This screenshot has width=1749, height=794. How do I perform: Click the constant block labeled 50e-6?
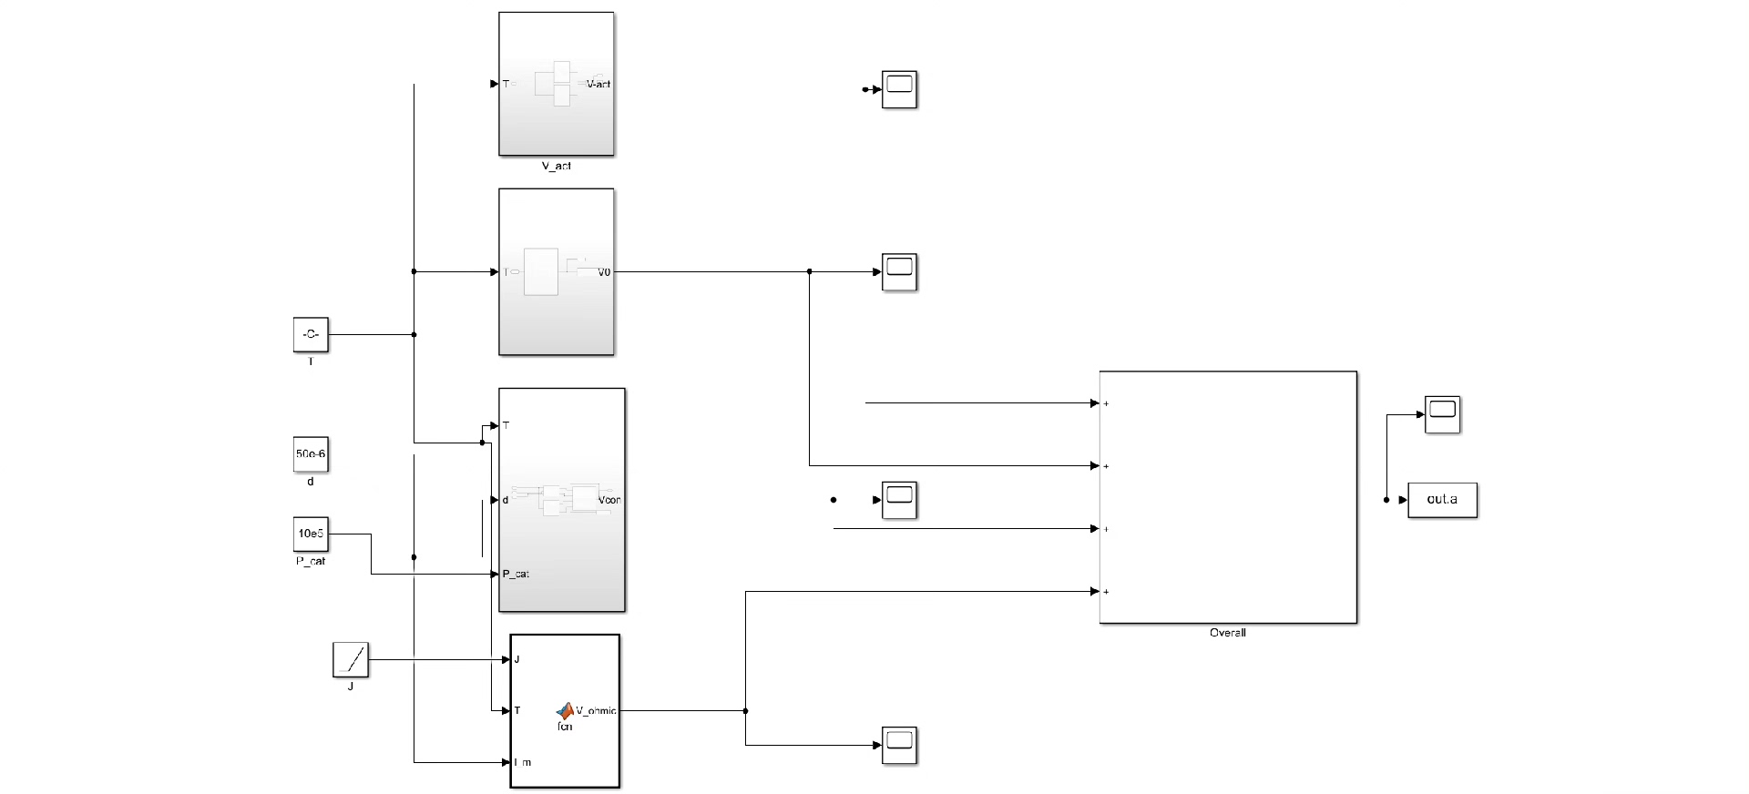(x=311, y=453)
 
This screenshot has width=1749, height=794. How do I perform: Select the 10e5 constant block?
(x=311, y=534)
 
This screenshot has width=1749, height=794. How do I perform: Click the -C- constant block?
(x=311, y=334)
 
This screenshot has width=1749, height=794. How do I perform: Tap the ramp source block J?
(x=351, y=659)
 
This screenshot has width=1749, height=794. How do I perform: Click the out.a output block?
(x=1442, y=500)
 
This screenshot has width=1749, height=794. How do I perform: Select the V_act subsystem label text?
(x=556, y=166)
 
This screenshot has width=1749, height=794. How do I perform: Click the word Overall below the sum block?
(x=1227, y=633)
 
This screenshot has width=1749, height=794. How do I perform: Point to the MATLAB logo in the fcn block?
(x=565, y=710)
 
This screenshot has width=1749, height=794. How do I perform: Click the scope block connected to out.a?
(x=1442, y=414)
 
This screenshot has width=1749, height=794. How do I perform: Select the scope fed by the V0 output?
(x=899, y=272)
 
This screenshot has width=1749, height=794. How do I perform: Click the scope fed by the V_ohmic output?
(x=899, y=745)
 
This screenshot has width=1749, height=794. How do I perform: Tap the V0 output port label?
(x=604, y=272)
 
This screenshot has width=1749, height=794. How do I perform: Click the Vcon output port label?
(x=609, y=500)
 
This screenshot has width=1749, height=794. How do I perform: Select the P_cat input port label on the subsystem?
(x=517, y=574)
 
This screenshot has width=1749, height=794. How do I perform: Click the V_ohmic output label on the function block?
(x=596, y=711)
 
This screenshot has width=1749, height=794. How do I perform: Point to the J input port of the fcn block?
(x=517, y=659)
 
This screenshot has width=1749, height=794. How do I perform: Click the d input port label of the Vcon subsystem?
(x=506, y=500)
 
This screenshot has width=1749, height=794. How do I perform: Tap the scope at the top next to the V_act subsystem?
(x=899, y=89)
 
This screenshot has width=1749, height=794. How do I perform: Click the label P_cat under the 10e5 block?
(x=311, y=561)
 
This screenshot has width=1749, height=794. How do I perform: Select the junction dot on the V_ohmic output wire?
(x=746, y=711)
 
